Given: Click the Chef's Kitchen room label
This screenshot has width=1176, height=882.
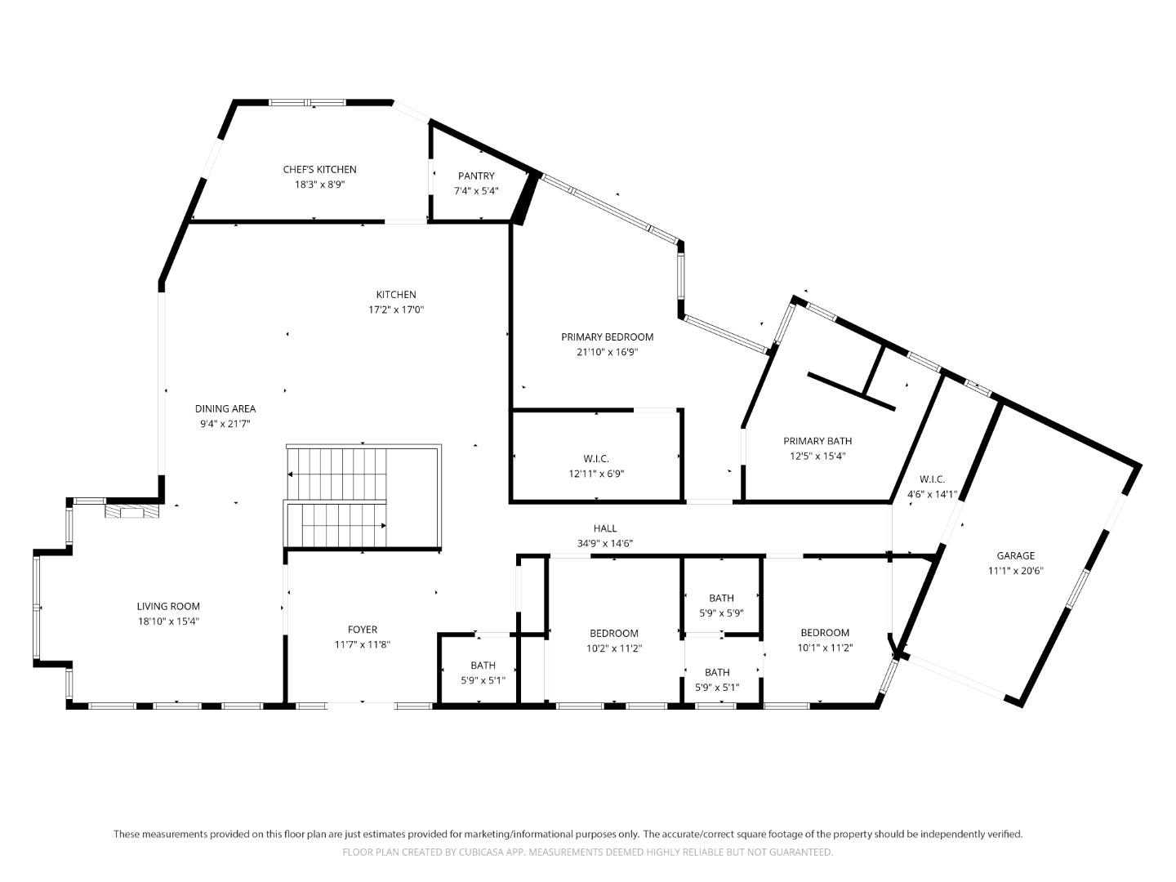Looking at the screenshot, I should (x=319, y=169).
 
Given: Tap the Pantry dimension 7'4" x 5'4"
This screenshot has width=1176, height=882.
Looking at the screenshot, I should (x=476, y=190).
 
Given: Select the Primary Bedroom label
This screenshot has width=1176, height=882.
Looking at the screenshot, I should (x=607, y=336).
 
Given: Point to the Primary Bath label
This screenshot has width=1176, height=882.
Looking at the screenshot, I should (x=817, y=441).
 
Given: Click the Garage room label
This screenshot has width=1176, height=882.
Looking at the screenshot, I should (x=1015, y=555).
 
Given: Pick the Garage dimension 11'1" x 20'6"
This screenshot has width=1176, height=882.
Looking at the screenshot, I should (x=1015, y=571).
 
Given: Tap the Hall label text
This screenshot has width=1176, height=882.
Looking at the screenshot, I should (x=605, y=528).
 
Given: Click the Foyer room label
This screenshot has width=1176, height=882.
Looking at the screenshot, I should (x=363, y=629).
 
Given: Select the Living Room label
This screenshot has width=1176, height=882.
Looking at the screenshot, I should (x=168, y=606).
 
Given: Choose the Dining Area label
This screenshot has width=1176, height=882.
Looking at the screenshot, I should (x=225, y=408).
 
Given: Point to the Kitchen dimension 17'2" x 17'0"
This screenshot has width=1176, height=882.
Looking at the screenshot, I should (x=396, y=310).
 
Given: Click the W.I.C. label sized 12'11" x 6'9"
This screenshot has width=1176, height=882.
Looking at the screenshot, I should (x=596, y=458).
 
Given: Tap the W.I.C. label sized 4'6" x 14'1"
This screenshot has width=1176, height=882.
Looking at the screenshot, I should (x=932, y=479).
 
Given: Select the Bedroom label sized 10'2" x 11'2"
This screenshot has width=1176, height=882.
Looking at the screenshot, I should (x=614, y=633).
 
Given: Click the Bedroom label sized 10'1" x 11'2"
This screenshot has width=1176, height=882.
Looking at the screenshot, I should (x=825, y=632).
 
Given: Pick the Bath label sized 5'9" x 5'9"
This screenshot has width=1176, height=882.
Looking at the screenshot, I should (x=721, y=598).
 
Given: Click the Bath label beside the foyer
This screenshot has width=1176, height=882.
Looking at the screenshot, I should (x=483, y=665).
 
